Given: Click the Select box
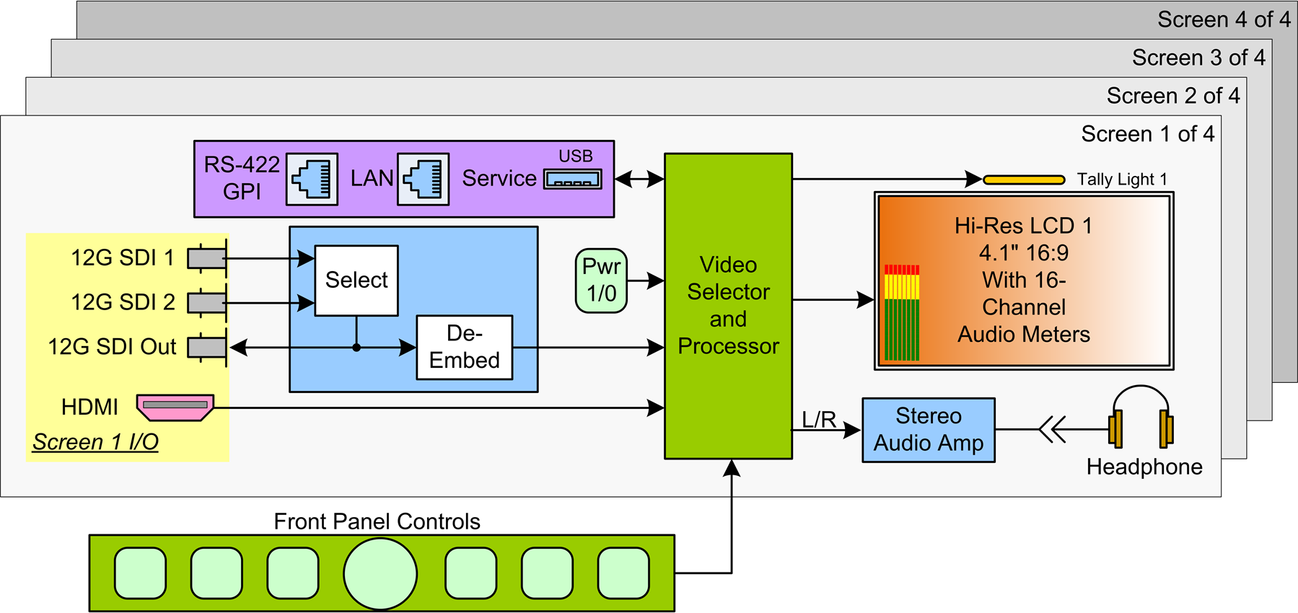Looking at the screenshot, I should pyautogui.click(x=356, y=281).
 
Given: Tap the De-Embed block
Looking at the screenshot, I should pyautogui.click(x=464, y=347).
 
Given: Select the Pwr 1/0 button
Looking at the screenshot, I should pyautogui.click(x=601, y=281).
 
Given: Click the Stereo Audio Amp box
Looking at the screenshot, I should pyautogui.click(x=928, y=430).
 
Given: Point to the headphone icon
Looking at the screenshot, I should pyautogui.click(x=1140, y=418).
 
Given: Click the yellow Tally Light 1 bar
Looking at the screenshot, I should pyautogui.click(x=1024, y=180).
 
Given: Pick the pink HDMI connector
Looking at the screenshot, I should pyautogui.click(x=175, y=407).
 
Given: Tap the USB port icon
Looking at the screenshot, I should pyautogui.click(x=572, y=179).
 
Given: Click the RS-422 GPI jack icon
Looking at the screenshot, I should pyautogui.click(x=312, y=179).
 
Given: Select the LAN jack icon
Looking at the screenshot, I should pyautogui.click(x=424, y=179).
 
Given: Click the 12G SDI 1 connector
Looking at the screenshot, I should pyautogui.click(x=207, y=258).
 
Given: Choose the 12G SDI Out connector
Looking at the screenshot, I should pyautogui.click(x=207, y=348).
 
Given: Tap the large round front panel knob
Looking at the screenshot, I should pyautogui.click(x=380, y=573).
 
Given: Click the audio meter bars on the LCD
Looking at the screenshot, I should pyautogui.click(x=902, y=312).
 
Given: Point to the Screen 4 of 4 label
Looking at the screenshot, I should pyautogui.click(x=1224, y=19).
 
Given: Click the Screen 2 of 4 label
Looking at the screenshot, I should pyautogui.click(x=1173, y=96).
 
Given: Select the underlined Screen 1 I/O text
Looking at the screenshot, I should pyautogui.click(x=95, y=442).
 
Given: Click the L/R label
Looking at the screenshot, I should pyautogui.click(x=819, y=420).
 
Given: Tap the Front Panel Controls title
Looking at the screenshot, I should pyautogui.click(x=377, y=521).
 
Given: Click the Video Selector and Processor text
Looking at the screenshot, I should pyautogui.click(x=728, y=306).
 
